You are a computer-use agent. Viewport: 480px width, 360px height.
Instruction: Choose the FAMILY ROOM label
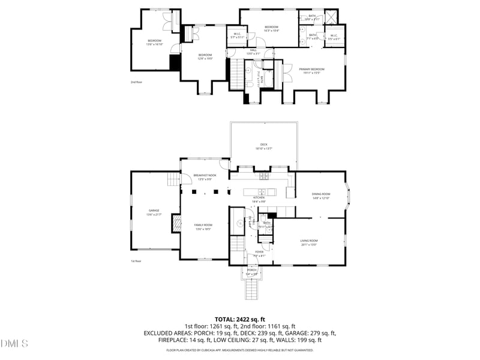[203, 226]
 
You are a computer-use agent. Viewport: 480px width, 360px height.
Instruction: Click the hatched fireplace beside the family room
[176, 225]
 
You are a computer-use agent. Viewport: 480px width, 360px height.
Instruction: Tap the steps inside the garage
[173, 179]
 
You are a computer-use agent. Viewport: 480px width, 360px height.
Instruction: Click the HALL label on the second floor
[253, 52]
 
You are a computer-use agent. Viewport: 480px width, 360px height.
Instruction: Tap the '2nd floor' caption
[136, 82]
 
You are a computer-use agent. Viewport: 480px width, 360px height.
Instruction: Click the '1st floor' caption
[136, 261]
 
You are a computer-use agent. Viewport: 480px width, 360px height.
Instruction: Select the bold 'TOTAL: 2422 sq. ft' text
[239, 319]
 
